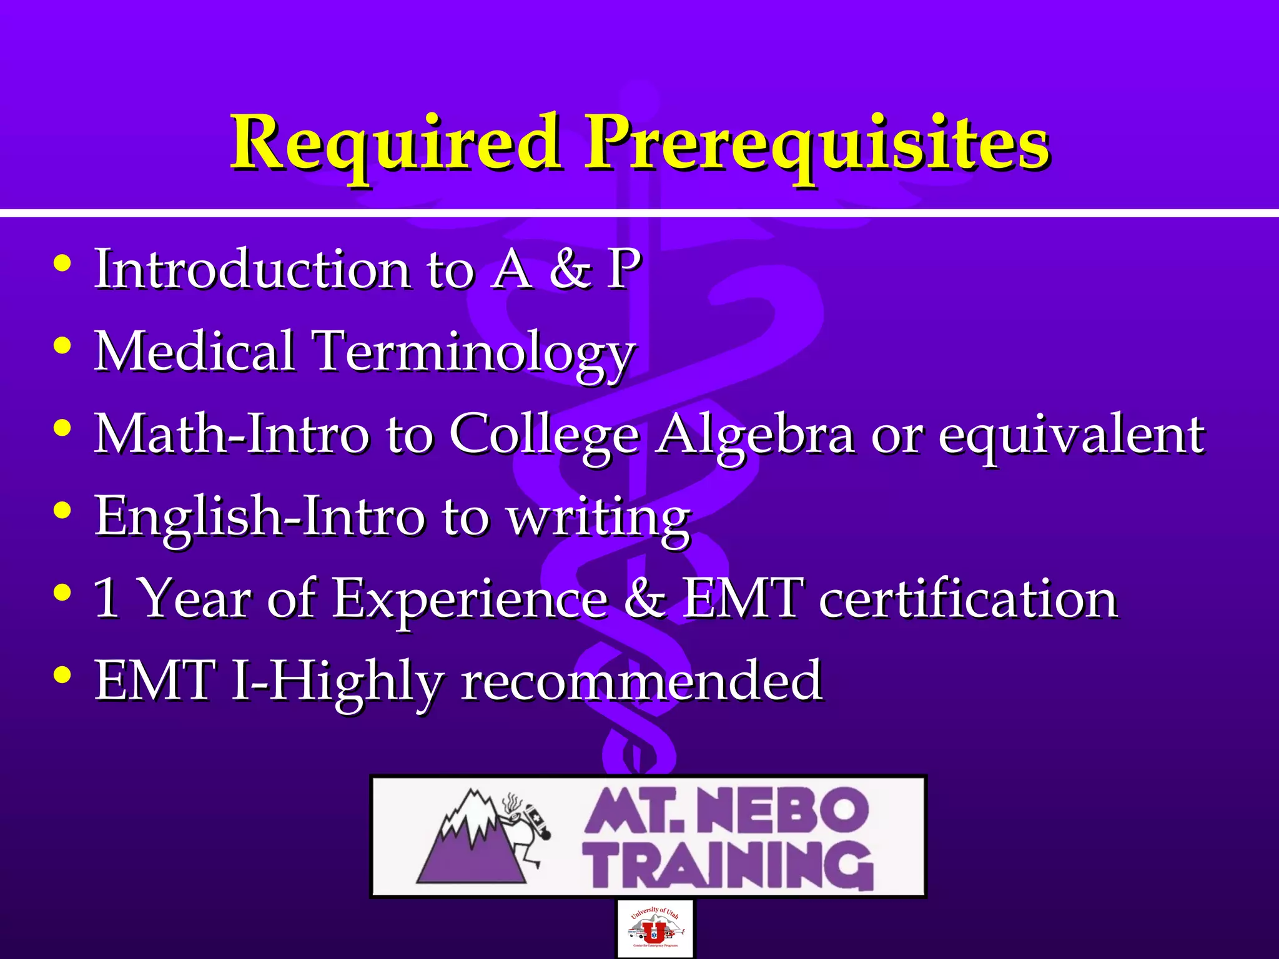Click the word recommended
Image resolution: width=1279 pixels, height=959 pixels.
pos(641,681)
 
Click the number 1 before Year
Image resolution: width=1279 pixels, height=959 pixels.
pos(106,598)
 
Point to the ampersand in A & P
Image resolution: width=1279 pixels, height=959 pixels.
pos(570,268)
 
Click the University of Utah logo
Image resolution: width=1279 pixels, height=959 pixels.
pos(654,928)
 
